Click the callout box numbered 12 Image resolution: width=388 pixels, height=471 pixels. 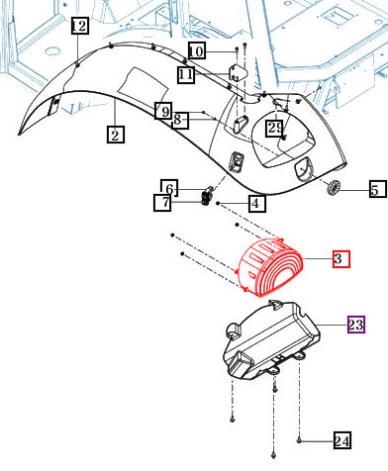(x=80, y=26)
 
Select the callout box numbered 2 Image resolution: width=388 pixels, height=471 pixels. (x=116, y=135)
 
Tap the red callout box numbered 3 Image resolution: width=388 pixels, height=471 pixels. (x=341, y=259)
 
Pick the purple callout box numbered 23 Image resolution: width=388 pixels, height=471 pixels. (x=356, y=325)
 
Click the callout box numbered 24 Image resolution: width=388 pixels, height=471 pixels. (x=341, y=440)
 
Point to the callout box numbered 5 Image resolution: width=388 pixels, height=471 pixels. (x=378, y=189)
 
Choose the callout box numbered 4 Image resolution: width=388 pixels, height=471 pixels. (x=257, y=204)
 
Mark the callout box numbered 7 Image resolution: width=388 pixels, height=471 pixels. (x=162, y=202)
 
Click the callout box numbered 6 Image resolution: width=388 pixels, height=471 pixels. (x=169, y=188)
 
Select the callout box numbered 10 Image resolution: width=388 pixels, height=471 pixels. (x=197, y=50)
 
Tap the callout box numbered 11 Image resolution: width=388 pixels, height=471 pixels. (x=186, y=74)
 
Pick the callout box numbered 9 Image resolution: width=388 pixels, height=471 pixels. (x=163, y=111)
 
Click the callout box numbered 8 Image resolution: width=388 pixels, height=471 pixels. (x=180, y=121)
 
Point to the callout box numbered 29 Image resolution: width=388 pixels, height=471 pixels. (x=274, y=129)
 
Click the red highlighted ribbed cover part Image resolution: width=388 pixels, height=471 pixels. (x=270, y=267)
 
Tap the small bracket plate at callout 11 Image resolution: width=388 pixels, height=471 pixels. (x=239, y=73)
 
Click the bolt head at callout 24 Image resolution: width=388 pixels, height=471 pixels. (x=299, y=440)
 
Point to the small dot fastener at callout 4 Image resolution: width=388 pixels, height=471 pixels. (x=218, y=203)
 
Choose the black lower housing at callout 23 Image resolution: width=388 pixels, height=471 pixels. (x=271, y=340)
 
